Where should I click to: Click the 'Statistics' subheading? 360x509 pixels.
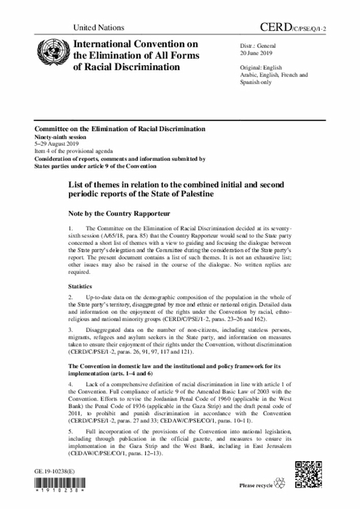[81, 286]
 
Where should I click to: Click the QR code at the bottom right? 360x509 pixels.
[309, 473]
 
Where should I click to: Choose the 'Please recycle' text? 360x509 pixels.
[256, 485]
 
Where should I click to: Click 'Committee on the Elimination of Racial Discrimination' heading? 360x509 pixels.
[120, 129]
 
